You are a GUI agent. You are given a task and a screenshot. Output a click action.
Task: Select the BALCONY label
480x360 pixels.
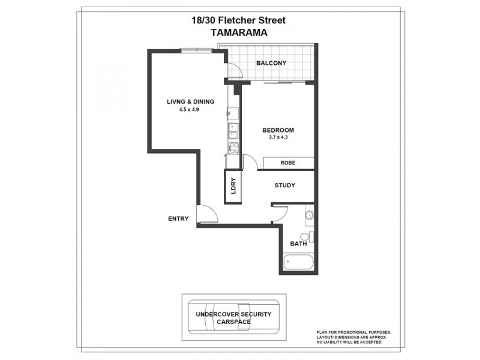[x=271, y=64]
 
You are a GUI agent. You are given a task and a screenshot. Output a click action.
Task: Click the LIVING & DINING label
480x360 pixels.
[x=190, y=101]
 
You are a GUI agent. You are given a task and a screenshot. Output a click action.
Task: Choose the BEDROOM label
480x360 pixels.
[x=278, y=130]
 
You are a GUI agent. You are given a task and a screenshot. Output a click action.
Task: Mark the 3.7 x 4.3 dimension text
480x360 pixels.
[x=278, y=139]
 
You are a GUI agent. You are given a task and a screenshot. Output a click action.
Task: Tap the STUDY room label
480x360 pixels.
[x=284, y=185]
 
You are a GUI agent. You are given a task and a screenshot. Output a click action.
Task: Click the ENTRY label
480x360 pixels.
[x=178, y=218]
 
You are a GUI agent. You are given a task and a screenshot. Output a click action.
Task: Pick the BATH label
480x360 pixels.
[x=298, y=244]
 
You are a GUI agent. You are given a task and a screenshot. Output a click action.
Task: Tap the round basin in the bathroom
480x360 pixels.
[x=309, y=214]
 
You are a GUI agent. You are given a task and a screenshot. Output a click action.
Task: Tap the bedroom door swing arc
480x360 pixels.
[x=250, y=162]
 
